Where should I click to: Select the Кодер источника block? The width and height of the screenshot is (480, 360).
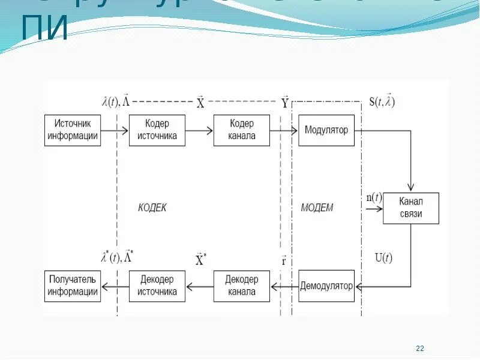pos(157,130)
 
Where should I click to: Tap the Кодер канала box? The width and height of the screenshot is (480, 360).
pos(242,130)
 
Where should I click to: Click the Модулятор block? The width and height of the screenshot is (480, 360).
pos(326,130)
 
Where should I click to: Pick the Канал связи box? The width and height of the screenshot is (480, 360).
pos(411,208)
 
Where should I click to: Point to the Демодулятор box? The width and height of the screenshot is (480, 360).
pos(326,286)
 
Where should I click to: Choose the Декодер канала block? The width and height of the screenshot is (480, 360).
pos(242,286)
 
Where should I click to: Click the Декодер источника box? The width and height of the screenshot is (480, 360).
pos(157,286)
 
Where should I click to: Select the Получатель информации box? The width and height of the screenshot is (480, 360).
pos(73,286)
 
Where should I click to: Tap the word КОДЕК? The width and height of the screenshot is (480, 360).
pos(152,208)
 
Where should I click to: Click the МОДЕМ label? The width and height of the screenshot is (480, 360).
pos(317,208)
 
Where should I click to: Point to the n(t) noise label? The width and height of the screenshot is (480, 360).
pos(374,197)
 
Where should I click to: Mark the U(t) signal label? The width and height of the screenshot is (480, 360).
pos(383,259)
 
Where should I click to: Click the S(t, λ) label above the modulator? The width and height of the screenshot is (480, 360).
pos(382,101)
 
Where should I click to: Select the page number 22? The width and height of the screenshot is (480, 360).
pos(420,349)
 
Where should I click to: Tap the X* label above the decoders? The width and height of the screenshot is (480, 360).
pos(201,260)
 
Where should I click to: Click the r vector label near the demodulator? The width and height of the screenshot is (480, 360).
pos(284,261)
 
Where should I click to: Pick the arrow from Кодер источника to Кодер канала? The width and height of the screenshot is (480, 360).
pos(199,130)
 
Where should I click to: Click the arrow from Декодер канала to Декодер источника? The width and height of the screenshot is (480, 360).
pos(199,286)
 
